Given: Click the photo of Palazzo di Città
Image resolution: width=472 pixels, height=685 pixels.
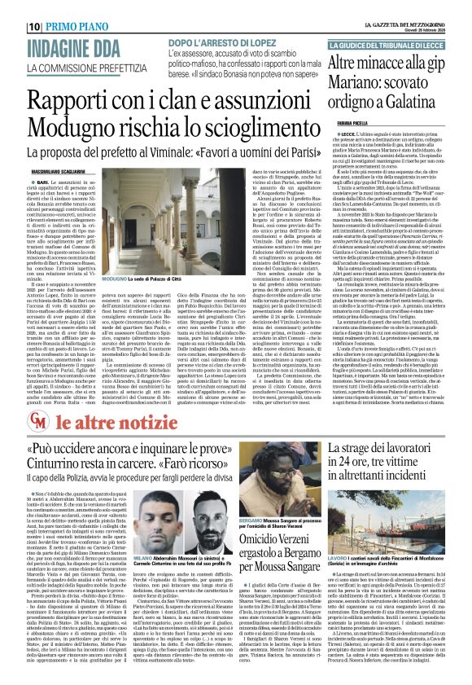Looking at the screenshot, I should coord(138,228).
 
